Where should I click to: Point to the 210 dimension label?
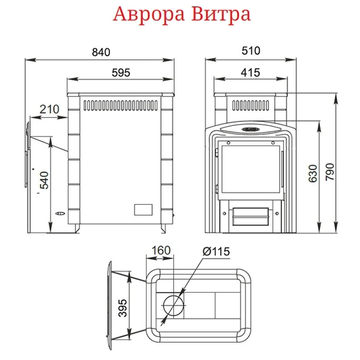49,109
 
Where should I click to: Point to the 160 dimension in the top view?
161,251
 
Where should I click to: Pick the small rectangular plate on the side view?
143,208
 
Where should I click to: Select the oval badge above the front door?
251,129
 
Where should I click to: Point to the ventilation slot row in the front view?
251,105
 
